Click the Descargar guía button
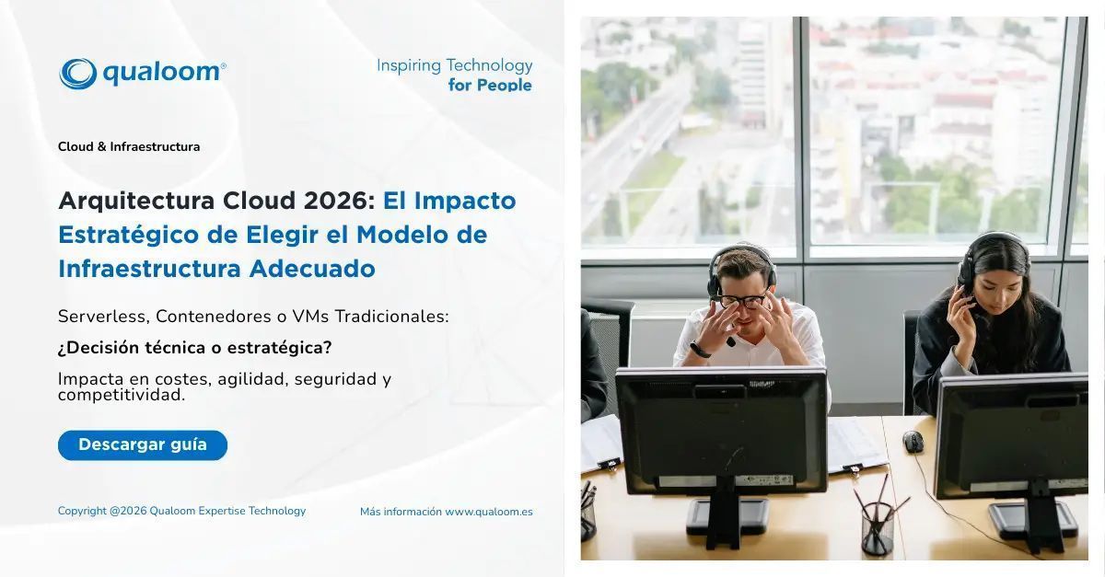[143, 445]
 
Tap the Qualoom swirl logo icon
[77, 74]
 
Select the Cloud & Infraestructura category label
[129, 146]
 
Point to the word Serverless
[102, 317]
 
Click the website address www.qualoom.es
[488, 512]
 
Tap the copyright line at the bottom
[181, 511]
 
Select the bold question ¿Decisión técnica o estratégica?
[194, 348]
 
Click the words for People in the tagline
[490, 85]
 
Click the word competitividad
[122, 396]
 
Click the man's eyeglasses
[744, 300]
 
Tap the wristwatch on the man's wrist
[701, 349]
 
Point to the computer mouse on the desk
[913, 441]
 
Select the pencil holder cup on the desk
[877, 526]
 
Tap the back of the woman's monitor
[1011, 436]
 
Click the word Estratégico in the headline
[128, 235]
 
